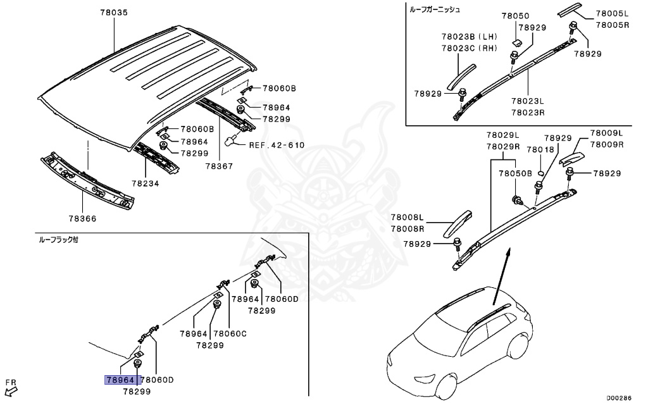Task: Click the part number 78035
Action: [113, 12]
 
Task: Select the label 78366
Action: [83, 218]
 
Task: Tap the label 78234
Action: [146, 183]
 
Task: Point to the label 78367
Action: [218, 166]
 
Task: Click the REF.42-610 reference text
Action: [277, 145]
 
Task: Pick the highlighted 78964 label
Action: [120, 380]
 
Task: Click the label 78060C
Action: [230, 333]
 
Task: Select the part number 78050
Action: [516, 16]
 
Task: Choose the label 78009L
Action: [606, 133]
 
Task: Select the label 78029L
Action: [502, 135]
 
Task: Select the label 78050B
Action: [514, 173]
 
